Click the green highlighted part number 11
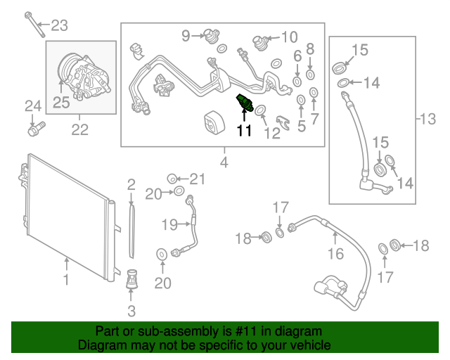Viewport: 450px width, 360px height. (245, 103)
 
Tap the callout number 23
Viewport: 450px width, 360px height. (60, 27)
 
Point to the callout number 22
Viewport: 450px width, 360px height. (80, 129)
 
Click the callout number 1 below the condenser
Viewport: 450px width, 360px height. (67, 281)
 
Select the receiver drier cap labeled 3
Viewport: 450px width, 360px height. (131, 281)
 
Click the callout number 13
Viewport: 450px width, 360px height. (427, 120)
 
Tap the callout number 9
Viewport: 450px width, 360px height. (186, 35)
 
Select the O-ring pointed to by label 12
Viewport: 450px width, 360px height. (259, 110)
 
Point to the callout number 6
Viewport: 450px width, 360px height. (297, 55)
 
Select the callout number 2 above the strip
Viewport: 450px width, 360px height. (131, 185)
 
